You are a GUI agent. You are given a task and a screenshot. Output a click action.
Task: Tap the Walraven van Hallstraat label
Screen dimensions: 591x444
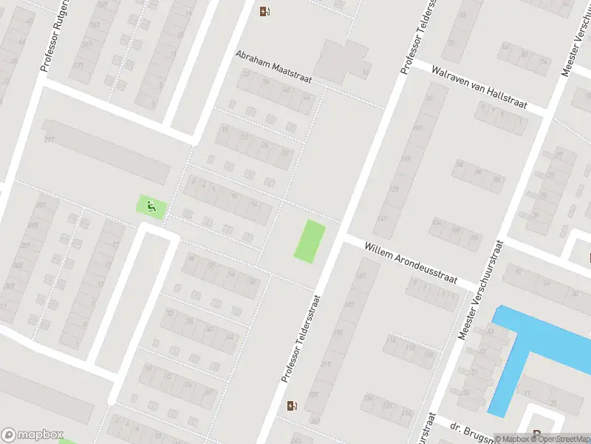click(x=479, y=89)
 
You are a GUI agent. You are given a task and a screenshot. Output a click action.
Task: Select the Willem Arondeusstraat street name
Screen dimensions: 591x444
click(x=411, y=263)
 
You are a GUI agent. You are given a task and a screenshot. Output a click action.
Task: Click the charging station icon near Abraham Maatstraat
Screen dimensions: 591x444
click(x=264, y=11)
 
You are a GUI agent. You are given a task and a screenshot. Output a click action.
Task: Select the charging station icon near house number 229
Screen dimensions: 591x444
click(x=293, y=406)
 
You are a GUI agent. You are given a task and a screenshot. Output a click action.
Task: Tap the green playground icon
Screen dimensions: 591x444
click(x=151, y=206)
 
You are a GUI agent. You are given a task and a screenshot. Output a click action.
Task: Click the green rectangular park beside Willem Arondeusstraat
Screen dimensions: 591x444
click(x=310, y=240)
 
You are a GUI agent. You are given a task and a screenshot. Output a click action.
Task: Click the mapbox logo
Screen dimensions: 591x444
click(x=33, y=435)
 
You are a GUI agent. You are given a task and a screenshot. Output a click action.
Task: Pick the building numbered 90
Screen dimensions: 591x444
click(x=478, y=173)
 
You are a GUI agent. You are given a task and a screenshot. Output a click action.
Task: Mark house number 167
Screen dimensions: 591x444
click(x=361, y=277)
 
